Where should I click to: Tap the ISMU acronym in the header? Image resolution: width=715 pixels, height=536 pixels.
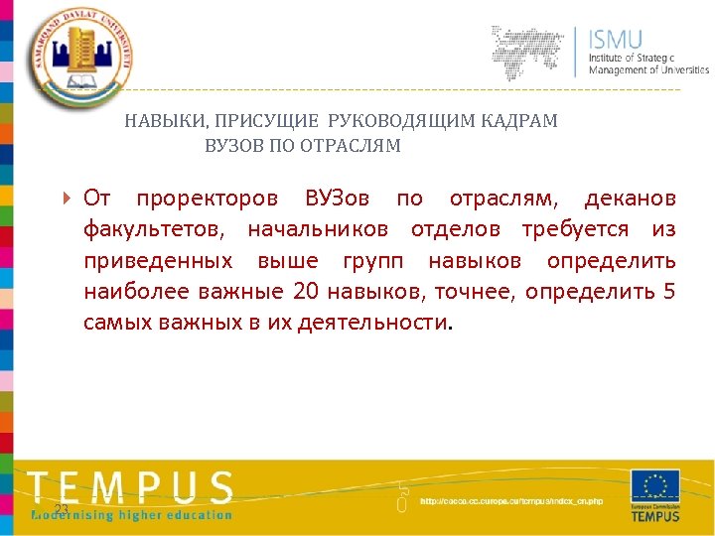pyautogui.click(x=616, y=40)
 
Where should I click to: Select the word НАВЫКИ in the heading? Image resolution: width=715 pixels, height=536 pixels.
pyautogui.click(x=162, y=121)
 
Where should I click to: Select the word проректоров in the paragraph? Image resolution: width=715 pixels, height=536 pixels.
pyautogui.click(x=208, y=198)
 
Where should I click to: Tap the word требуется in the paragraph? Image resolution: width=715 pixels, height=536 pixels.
pyautogui.click(x=575, y=229)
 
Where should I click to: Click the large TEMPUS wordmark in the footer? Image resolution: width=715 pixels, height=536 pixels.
pyautogui.click(x=130, y=487)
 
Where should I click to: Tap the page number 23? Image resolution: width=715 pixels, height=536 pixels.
pyautogui.click(x=61, y=509)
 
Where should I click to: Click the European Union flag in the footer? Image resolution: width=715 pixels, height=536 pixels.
pyautogui.click(x=655, y=486)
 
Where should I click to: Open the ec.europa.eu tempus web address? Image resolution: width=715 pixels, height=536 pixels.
pyautogui.click(x=510, y=501)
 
